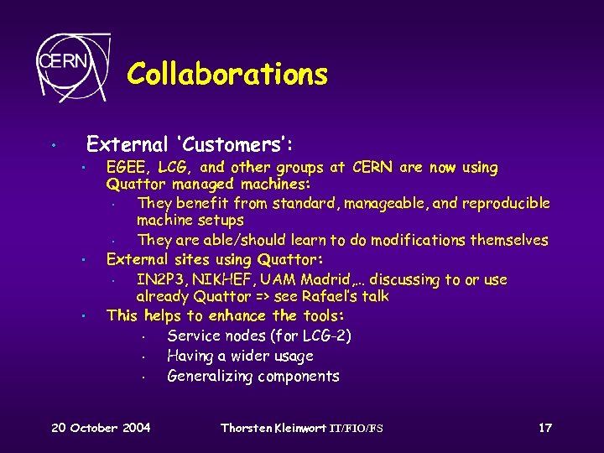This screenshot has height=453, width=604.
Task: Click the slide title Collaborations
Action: (227, 75)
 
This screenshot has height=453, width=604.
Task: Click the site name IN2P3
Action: (159, 279)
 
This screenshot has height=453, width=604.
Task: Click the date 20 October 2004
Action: (101, 429)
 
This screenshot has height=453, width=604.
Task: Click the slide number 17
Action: (545, 429)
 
